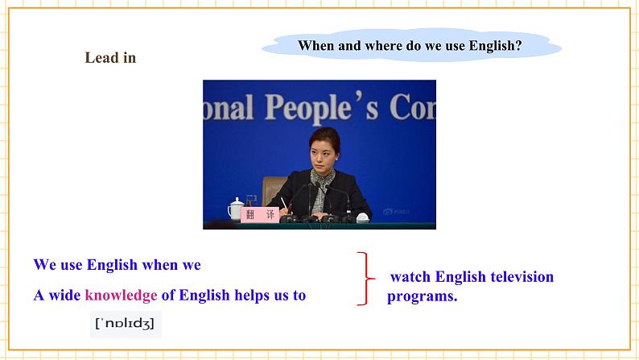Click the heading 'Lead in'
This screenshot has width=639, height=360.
coord(110,58)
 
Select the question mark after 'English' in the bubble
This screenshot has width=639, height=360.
coord(518,45)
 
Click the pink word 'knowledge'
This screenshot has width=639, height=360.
coord(121,296)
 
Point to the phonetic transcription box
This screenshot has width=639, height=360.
coord(126,324)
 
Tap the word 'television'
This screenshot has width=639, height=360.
coord(522,277)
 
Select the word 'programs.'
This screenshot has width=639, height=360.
coord(423,297)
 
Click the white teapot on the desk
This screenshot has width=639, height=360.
coord(236,209)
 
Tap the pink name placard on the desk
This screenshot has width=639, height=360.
coord(260,214)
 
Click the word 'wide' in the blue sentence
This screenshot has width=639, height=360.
coord(64,296)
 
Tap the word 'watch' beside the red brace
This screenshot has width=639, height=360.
coord(410,277)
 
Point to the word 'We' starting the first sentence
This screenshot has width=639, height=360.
coord(45,265)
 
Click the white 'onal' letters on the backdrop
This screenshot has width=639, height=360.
coord(229,108)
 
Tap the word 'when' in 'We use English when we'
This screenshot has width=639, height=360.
coord(159,265)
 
